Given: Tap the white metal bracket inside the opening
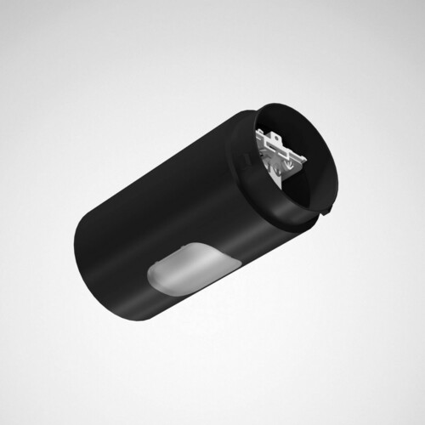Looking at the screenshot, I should pyautogui.click(x=280, y=153).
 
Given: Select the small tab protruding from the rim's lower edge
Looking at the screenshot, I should pyautogui.click(x=327, y=210).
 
